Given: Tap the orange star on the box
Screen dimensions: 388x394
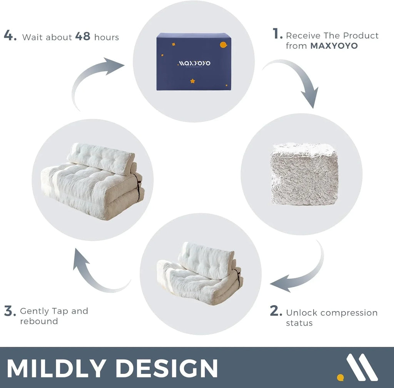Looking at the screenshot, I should click(192, 81).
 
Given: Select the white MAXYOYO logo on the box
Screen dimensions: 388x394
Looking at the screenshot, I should click(194, 63).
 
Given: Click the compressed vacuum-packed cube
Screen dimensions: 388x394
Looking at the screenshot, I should click(304, 174).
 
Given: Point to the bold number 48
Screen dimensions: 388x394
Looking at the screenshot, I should click(83, 37).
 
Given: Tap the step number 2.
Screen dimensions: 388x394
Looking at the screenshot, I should click(276, 311).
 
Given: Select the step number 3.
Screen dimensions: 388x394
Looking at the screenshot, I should click(10, 311).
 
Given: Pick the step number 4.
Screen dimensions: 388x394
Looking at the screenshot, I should click(10, 36).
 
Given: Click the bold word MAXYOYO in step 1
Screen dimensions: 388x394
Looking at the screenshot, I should click(334, 46).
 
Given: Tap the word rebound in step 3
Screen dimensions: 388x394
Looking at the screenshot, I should click(39, 321).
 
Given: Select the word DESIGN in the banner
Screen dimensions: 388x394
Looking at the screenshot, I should click(165, 368).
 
